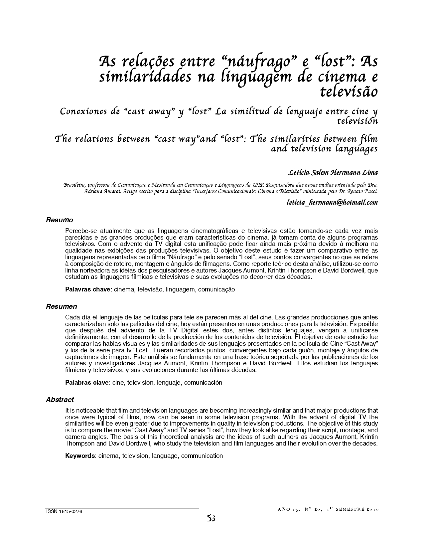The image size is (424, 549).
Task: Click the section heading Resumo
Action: coord(59,220)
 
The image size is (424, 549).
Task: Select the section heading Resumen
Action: coord(61,306)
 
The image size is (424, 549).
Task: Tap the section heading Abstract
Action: coord(60,400)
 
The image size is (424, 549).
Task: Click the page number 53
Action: coord(211,518)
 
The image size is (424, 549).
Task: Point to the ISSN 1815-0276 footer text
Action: coord(64,512)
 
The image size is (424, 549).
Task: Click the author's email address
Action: coord(332,202)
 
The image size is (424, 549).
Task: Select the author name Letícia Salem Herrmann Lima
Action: coord(333,173)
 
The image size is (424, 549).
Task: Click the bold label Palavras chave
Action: coord(87,289)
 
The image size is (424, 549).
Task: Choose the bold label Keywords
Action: coord(80,456)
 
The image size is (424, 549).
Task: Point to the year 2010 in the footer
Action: coord(372,509)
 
